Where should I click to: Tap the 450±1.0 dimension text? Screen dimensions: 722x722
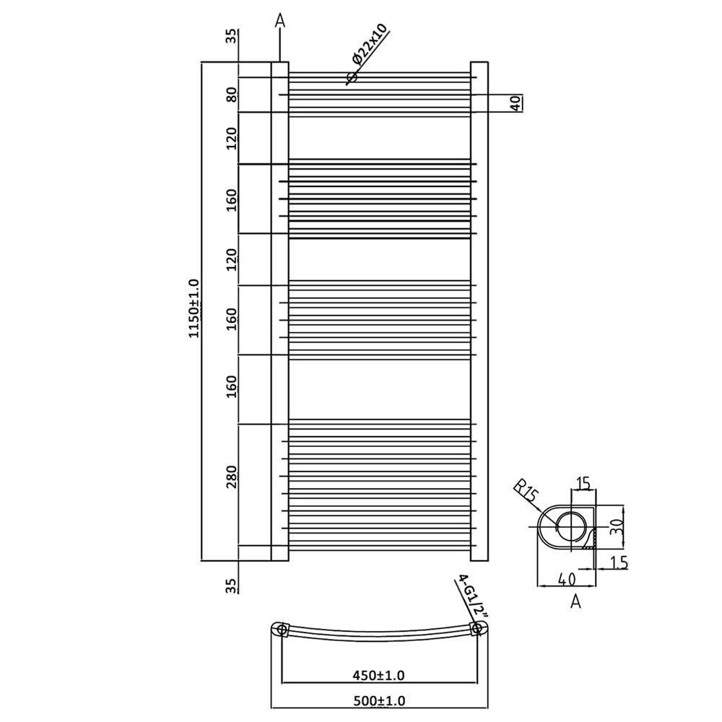pyautogui.click(x=380, y=676)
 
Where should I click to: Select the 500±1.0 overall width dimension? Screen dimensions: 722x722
pyautogui.click(x=380, y=700)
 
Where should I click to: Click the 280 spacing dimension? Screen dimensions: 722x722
pyautogui.click(x=232, y=477)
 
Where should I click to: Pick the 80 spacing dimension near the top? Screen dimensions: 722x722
pyautogui.click(x=232, y=95)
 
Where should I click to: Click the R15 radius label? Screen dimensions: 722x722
pyautogui.click(x=527, y=494)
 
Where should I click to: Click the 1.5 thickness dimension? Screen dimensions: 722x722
pyautogui.click(x=618, y=562)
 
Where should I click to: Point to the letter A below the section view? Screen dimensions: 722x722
pyautogui.click(x=575, y=601)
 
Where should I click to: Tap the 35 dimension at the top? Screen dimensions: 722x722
pyautogui.click(x=231, y=37)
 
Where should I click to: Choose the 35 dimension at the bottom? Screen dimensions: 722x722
pyautogui.click(x=231, y=586)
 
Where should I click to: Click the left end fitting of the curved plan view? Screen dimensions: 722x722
pyautogui.click(x=282, y=630)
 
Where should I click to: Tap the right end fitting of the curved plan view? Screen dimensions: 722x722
pyautogui.click(x=476, y=630)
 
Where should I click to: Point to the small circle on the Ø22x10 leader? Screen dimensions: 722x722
pyautogui.click(x=352, y=77)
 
